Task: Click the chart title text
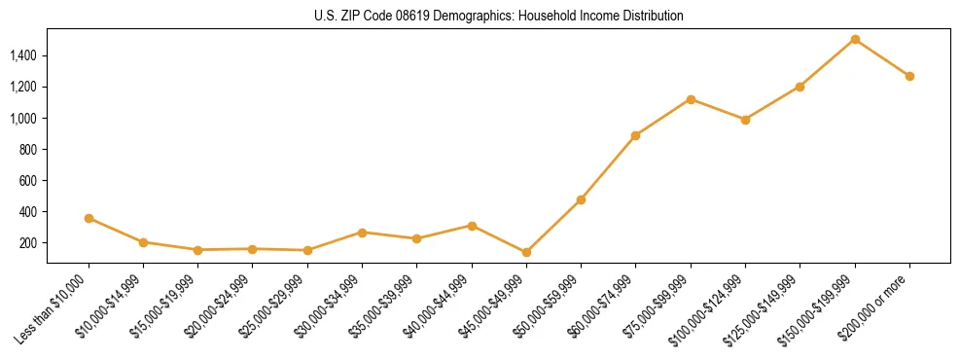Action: [498, 17]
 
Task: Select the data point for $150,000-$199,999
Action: [855, 40]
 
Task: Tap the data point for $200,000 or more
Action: [909, 76]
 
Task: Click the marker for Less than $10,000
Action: [89, 219]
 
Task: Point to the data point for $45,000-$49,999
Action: [526, 253]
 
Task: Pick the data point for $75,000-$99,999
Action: [691, 99]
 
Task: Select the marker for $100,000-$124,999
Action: [745, 120]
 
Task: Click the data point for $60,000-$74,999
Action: [635, 135]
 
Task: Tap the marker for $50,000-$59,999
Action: [581, 199]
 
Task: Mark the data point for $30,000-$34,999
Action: [362, 233]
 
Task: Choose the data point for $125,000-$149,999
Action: [800, 87]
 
